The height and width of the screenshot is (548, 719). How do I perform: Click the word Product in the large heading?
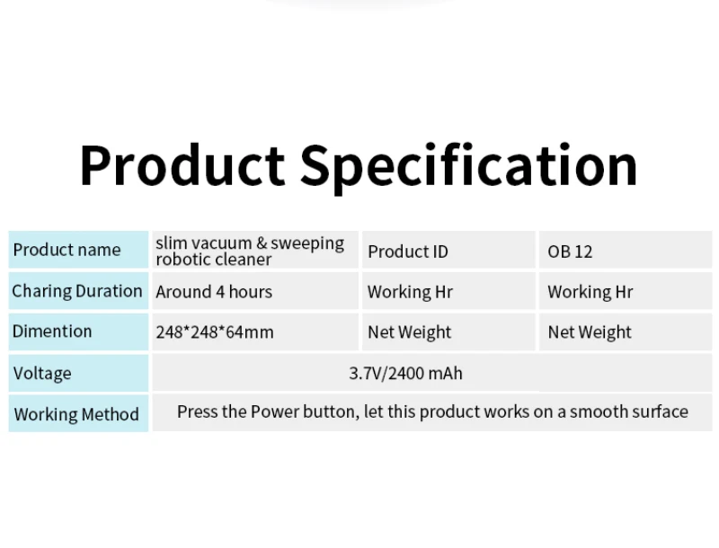182,166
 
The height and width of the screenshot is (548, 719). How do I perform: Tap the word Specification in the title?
468,166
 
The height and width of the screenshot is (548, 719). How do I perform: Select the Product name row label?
67,250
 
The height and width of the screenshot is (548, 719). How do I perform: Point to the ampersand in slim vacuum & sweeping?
262,243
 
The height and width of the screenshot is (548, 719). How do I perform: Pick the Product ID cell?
407,252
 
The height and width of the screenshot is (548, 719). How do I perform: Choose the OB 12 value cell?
570,252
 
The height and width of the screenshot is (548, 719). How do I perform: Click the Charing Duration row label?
77,291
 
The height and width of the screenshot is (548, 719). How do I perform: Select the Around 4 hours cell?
214,292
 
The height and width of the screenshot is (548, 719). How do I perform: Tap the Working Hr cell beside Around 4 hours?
410,292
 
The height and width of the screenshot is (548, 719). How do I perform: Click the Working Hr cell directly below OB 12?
590,292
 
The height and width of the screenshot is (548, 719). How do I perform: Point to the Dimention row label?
52,331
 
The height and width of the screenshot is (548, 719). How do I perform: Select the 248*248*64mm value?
215,332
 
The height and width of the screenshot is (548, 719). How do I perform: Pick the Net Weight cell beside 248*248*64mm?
410,332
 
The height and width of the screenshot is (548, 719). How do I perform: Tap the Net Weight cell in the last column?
590,332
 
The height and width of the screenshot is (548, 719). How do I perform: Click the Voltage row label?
42,373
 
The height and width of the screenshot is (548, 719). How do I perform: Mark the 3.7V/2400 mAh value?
405,373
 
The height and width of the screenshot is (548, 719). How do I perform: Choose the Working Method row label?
76,414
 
